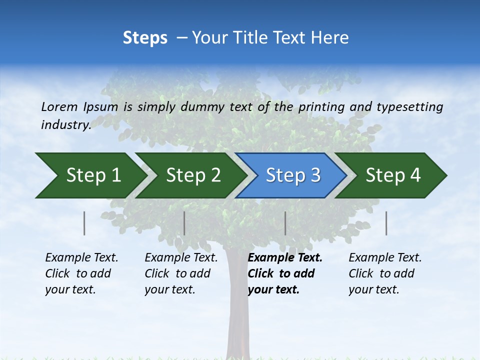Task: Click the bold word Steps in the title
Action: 145,38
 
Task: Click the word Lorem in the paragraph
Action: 59,106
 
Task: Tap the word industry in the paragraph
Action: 65,125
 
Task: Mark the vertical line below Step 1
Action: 84,223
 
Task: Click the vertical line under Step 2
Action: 184,223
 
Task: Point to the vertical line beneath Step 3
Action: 285,223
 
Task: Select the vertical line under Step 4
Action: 386,223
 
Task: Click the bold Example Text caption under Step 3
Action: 285,273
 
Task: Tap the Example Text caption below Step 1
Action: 81,273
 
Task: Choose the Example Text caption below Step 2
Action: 181,273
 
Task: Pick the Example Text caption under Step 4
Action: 385,273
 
